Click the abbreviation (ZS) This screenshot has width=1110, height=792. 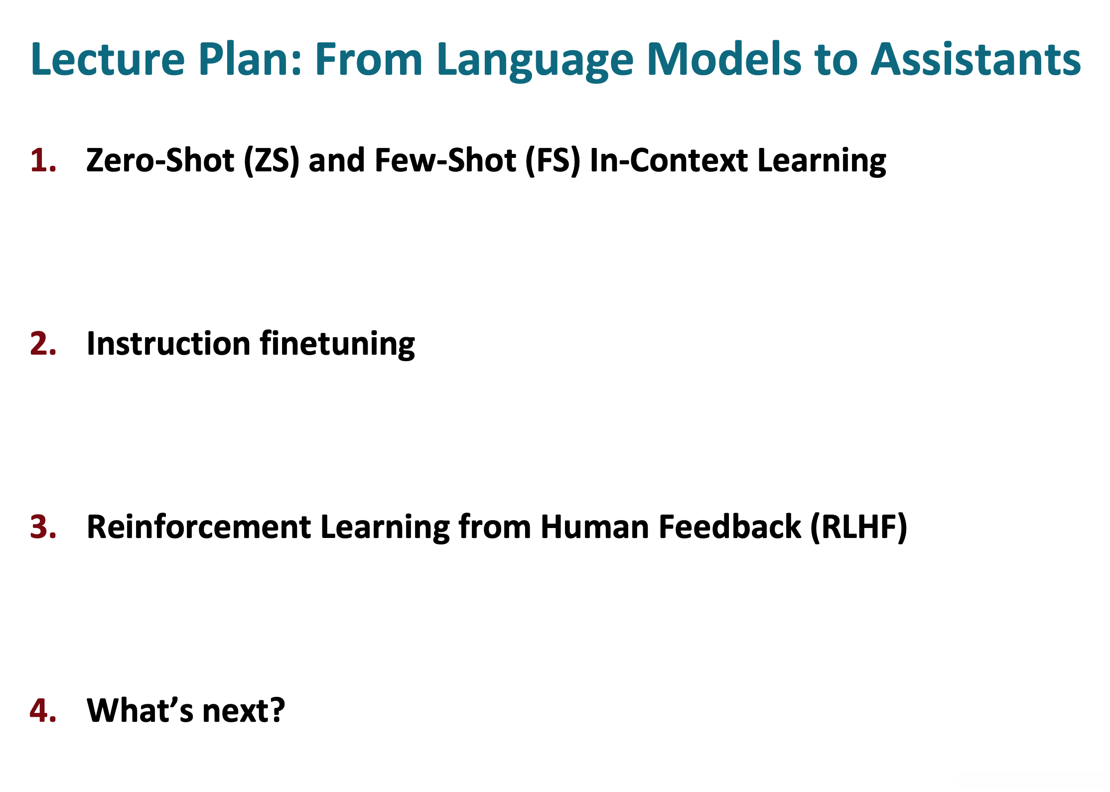(272, 161)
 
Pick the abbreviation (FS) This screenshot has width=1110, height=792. (553, 161)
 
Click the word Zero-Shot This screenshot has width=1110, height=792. (160, 160)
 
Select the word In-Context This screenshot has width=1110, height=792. (669, 160)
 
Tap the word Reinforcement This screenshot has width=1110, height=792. (199, 527)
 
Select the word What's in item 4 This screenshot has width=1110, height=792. (140, 710)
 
